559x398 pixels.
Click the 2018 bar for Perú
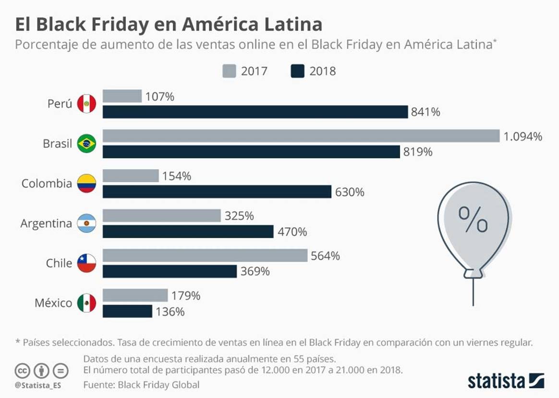[255, 112]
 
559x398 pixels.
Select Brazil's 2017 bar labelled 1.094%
[301, 136]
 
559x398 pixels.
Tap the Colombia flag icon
[86, 183]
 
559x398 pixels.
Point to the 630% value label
[350, 192]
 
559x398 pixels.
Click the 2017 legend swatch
[230, 72]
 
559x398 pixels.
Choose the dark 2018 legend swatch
[298, 72]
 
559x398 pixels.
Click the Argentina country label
[46, 223]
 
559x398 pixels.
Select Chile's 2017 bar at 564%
[205, 255]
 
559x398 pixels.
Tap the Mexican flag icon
[86, 303]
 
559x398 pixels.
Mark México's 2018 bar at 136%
[127, 312]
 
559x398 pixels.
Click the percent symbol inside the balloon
[473, 219]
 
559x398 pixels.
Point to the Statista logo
[506, 381]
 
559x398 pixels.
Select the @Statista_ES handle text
[34, 385]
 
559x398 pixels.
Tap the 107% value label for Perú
[160, 96]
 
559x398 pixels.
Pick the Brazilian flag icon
[86, 144]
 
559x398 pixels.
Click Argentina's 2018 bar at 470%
[188, 231]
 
